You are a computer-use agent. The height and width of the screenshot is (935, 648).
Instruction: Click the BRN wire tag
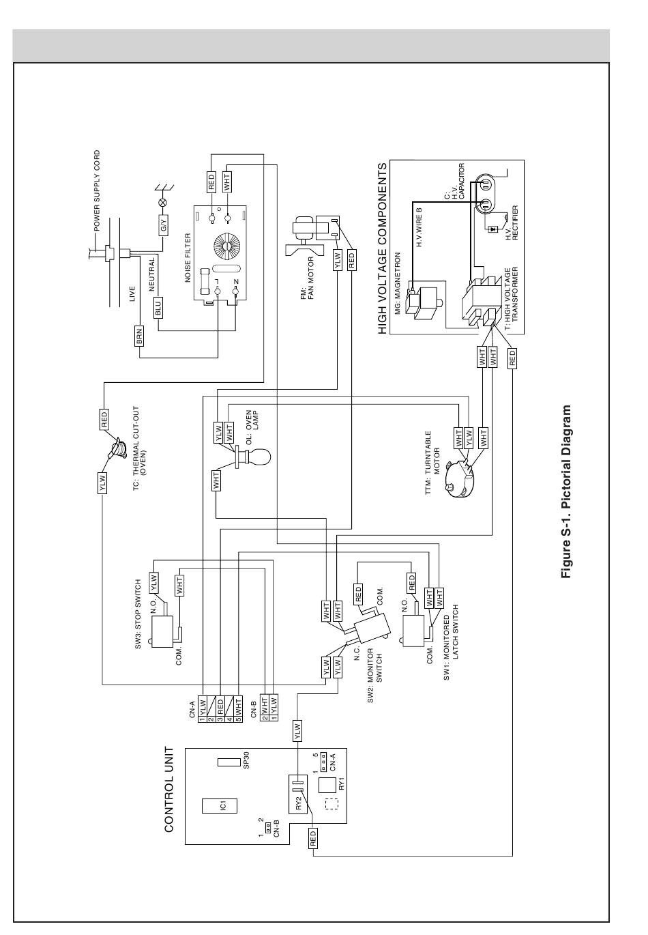pos(139,335)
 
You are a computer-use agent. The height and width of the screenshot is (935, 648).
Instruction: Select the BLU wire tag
pos(158,308)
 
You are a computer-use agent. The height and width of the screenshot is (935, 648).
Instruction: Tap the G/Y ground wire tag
pos(164,226)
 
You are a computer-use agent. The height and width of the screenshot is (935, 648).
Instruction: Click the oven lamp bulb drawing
pos(253,456)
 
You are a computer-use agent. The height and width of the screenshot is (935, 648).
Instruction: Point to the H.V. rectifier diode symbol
pos(494,229)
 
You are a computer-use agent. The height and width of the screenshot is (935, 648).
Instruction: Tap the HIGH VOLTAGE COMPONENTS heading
pos(382,248)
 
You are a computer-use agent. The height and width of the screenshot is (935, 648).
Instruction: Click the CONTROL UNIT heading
pos(169,790)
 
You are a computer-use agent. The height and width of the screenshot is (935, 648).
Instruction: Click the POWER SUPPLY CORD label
pos(97,191)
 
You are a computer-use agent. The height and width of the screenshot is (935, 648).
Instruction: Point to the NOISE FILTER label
pos(188,257)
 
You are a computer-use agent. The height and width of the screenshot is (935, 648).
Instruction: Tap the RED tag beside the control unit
pos(313,837)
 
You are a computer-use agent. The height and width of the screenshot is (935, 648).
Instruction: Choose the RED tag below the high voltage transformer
pos(512,358)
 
